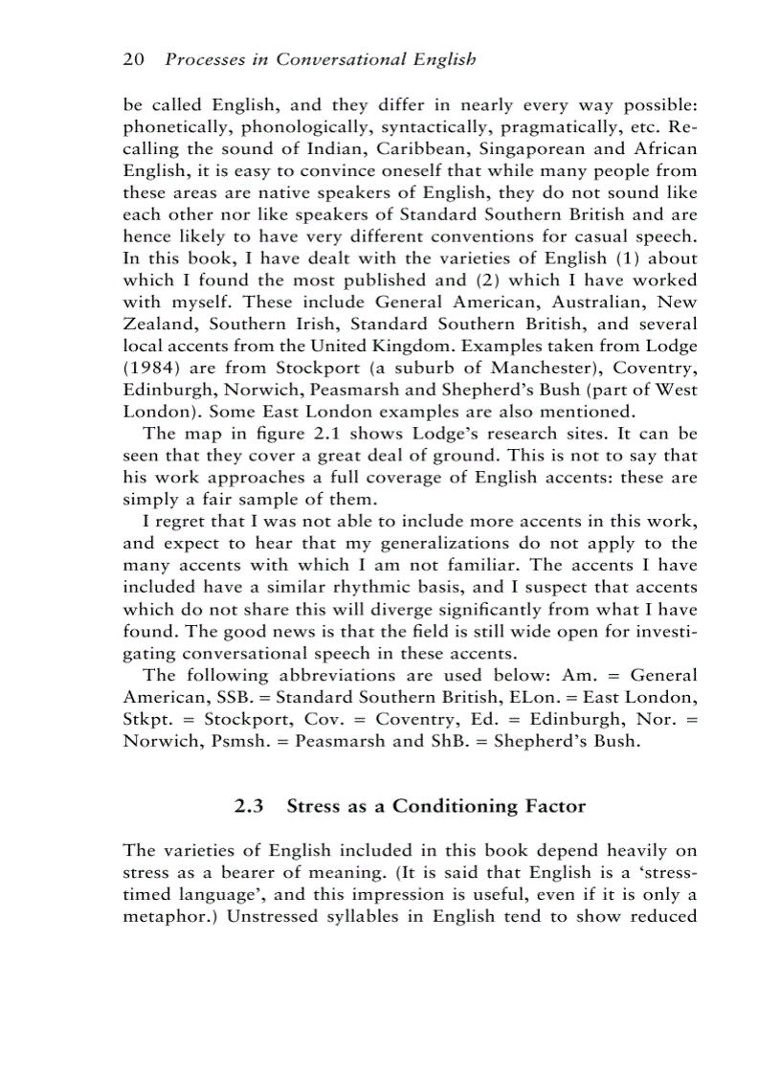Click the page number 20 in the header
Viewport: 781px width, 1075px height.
pyautogui.click(x=133, y=59)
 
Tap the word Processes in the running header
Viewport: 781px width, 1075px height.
pyautogui.click(x=204, y=59)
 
